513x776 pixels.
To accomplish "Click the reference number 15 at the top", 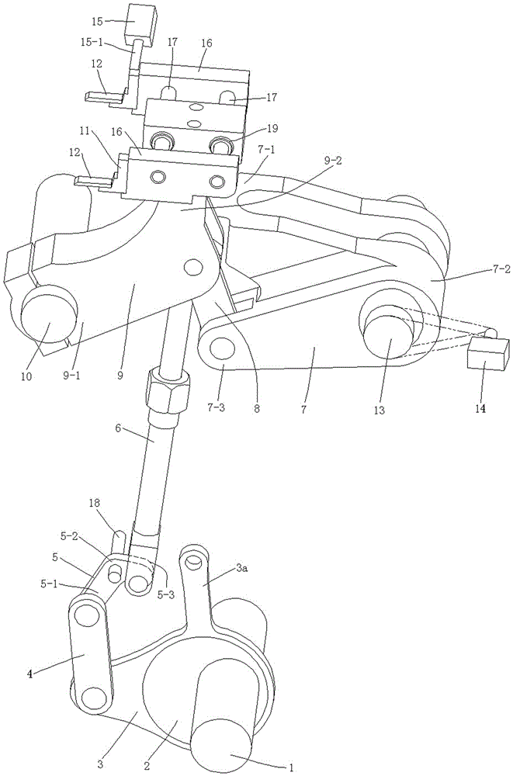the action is [98, 21].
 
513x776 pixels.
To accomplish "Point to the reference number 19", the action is [272, 128].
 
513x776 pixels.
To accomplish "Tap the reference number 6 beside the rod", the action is [118, 428].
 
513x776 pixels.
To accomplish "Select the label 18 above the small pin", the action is [95, 504].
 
